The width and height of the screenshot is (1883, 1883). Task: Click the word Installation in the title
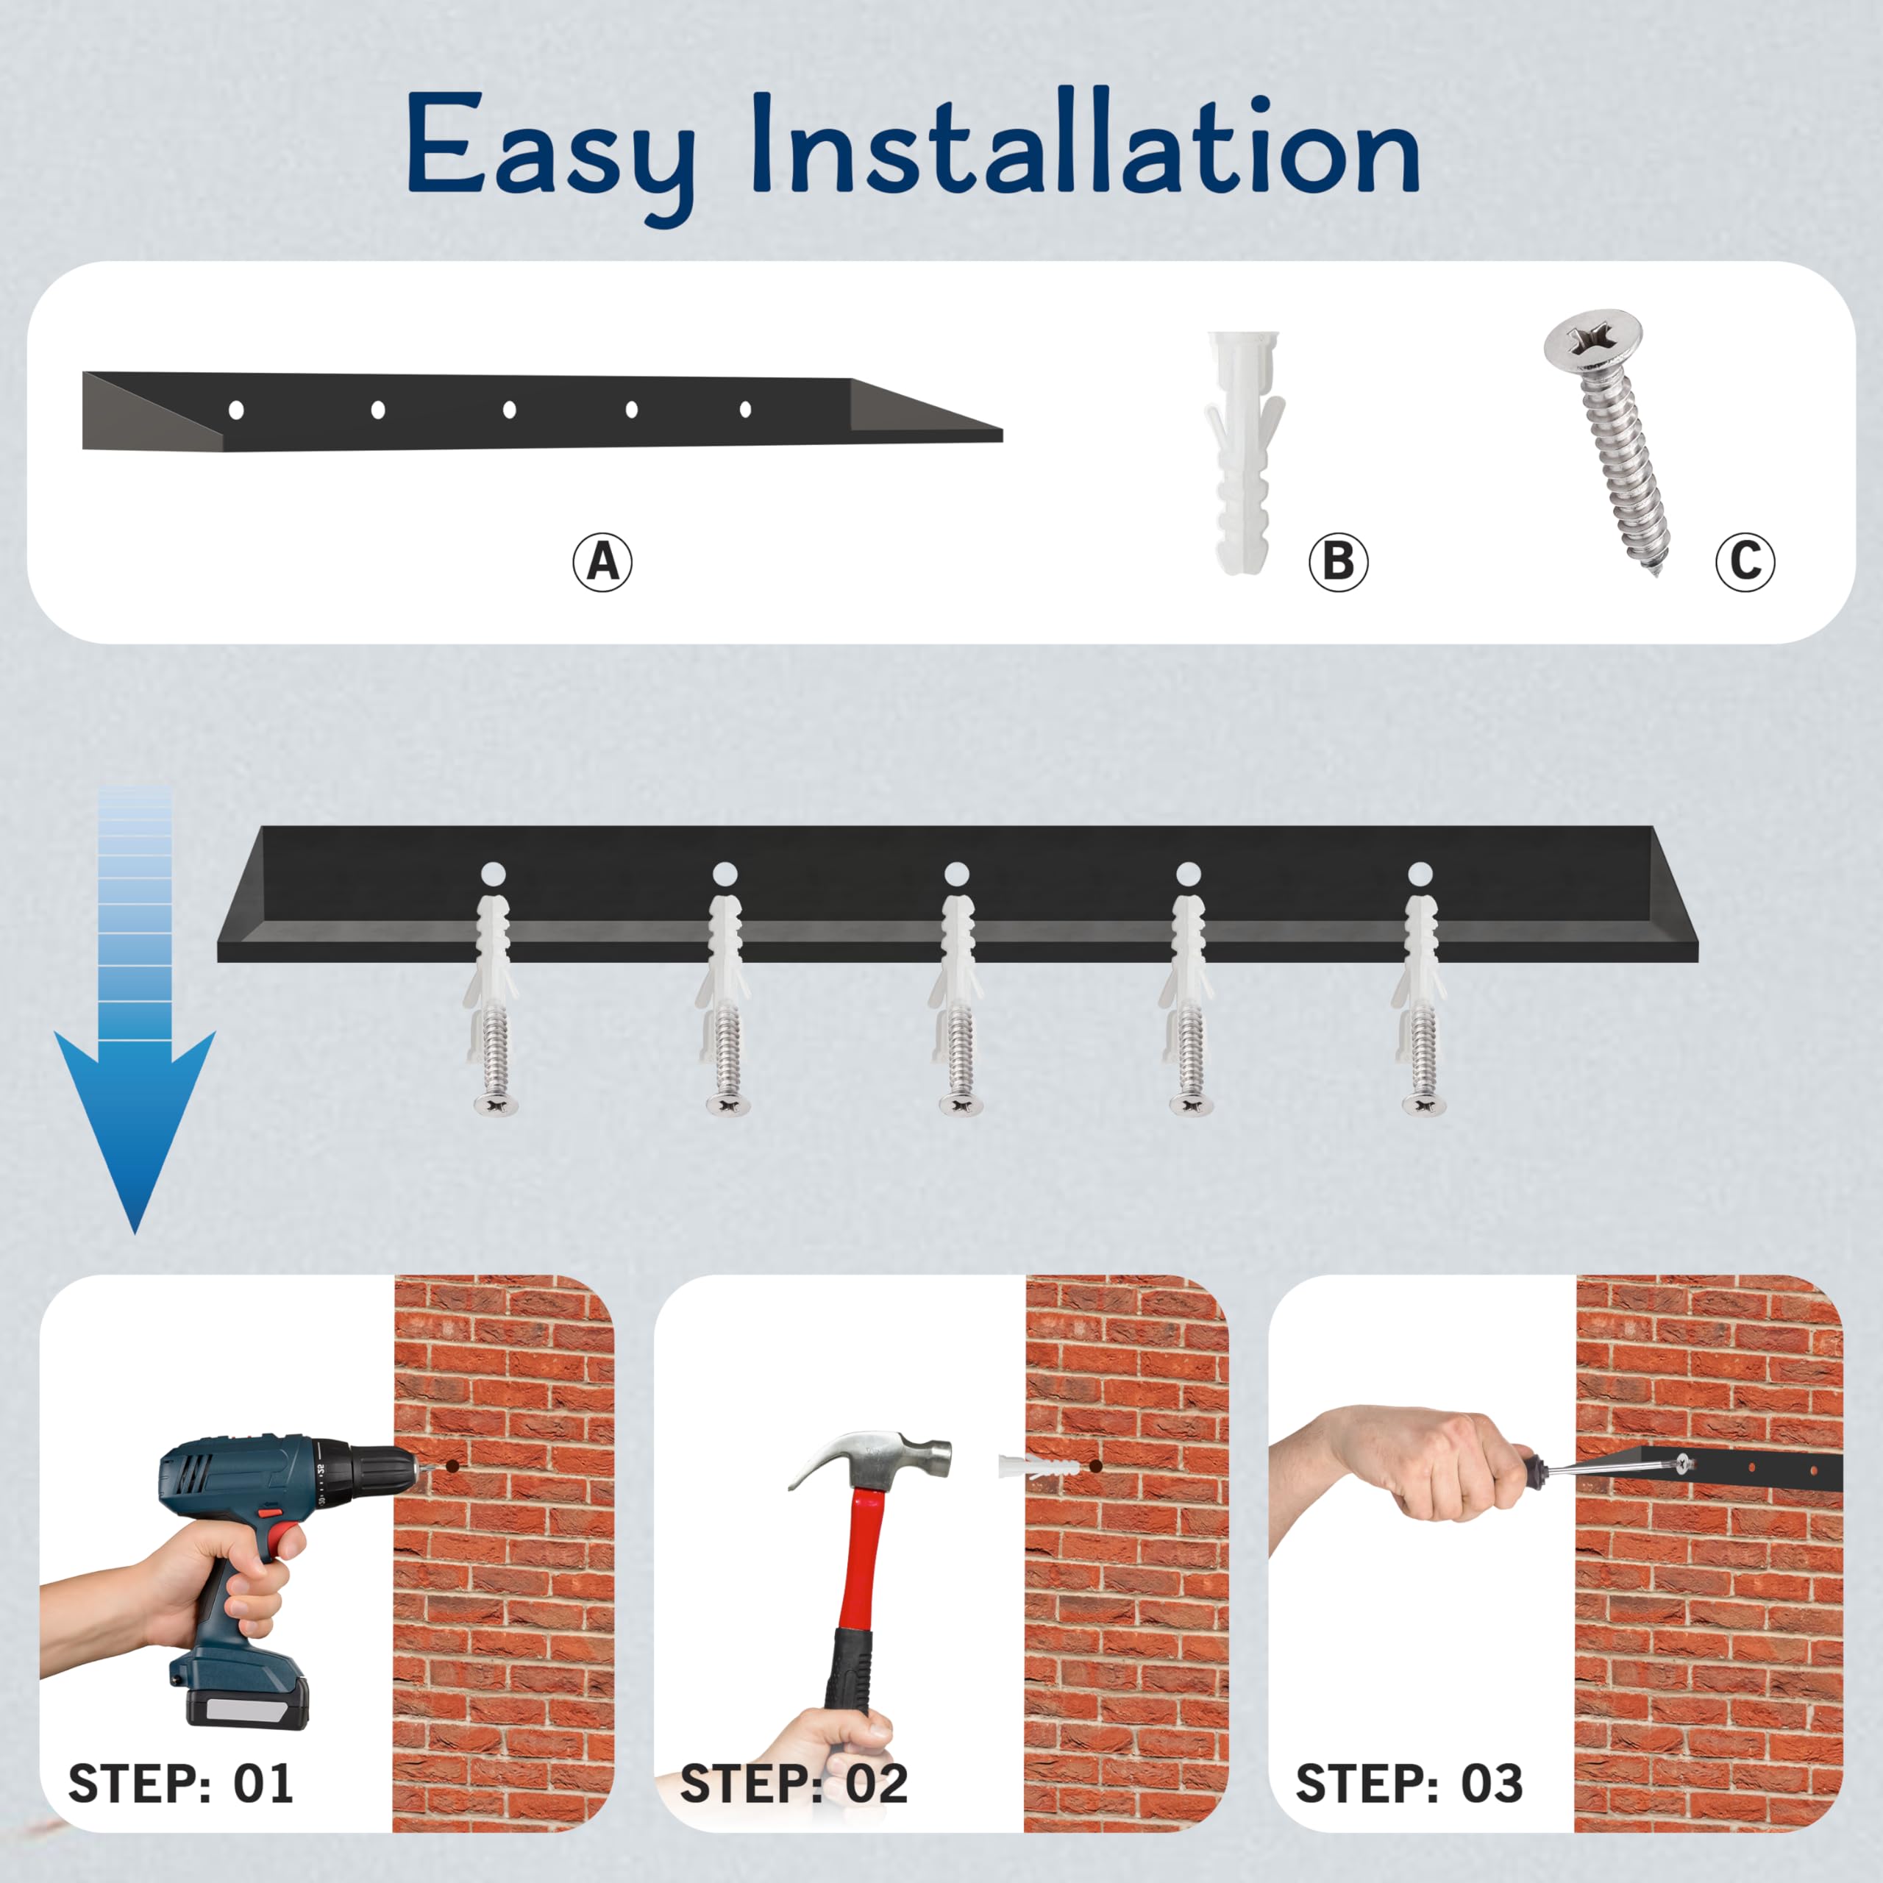tap(1085, 141)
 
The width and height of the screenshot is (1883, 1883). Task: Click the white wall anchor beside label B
tap(1244, 452)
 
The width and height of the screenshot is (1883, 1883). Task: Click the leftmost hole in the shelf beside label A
tap(236, 410)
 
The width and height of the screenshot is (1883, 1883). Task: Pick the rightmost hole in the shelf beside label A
tap(746, 410)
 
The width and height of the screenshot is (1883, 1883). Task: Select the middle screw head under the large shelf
tap(960, 1104)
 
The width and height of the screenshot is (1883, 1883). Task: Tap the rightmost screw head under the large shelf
tap(1424, 1104)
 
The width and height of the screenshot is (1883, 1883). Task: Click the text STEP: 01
tap(180, 1784)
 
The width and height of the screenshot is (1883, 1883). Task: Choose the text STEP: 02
tap(794, 1784)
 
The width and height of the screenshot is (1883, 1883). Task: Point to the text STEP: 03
tap(1409, 1784)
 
